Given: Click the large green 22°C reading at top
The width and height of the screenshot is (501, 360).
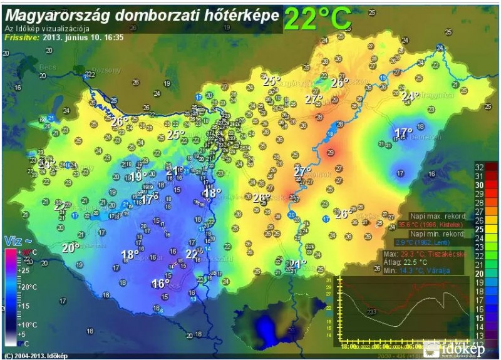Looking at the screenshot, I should tap(317, 19).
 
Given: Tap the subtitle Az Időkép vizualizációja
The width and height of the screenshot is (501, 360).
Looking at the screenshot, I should tap(47, 29).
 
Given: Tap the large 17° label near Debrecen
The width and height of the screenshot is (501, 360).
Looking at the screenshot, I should tap(403, 133).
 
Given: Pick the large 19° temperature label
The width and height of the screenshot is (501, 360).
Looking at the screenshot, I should tap(138, 177).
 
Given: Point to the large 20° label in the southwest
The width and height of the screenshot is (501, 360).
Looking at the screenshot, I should tap(70, 248).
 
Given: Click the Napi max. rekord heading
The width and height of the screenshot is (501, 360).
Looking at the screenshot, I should tap(438, 216).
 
